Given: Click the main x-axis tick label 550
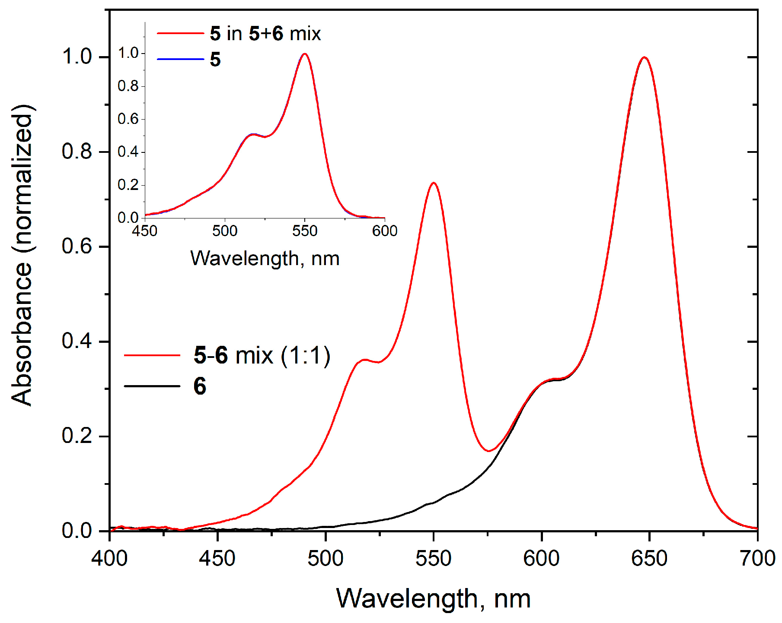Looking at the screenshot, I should [x=433, y=558].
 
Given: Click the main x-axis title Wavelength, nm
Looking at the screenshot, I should [x=433, y=598].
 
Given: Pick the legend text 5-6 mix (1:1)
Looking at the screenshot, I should [x=262, y=355].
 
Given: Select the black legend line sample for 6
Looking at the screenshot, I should [x=152, y=386].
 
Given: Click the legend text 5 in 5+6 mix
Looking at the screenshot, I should [x=265, y=34].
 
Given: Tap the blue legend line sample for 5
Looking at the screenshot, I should [x=180, y=59].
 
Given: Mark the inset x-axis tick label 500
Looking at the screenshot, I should [x=225, y=231].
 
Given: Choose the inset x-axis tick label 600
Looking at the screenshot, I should [x=385, y=231].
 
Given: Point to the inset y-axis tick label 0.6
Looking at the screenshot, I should [x=128, y=119].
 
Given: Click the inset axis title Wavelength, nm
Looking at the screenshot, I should [x=265, y=259].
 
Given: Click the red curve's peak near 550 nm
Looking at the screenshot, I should [x=433, y=183].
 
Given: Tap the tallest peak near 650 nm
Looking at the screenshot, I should [x=645, y=57].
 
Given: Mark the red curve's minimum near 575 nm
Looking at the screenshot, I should [x=488, y=451].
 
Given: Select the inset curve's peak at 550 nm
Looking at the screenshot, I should [x=305, y=54].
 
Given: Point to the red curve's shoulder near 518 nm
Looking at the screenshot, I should [x=365, y=359].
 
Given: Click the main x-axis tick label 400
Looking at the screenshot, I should [x=109, y=558].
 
